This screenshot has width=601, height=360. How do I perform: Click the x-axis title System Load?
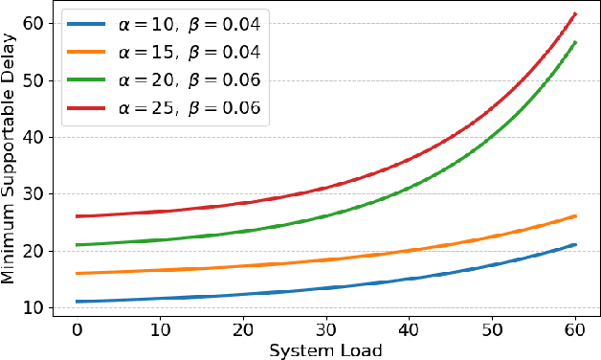(x=325, y=350)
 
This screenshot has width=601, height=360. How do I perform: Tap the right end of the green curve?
(x=574, y=42)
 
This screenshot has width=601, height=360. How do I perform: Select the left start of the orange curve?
(x=77, y=274)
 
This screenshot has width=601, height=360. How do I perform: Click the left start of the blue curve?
(x=77, y=302)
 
